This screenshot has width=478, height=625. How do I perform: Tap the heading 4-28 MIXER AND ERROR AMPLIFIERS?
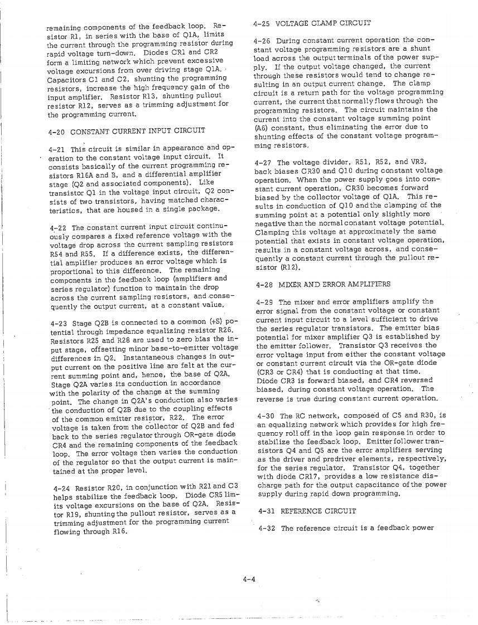tap(324, 284)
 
